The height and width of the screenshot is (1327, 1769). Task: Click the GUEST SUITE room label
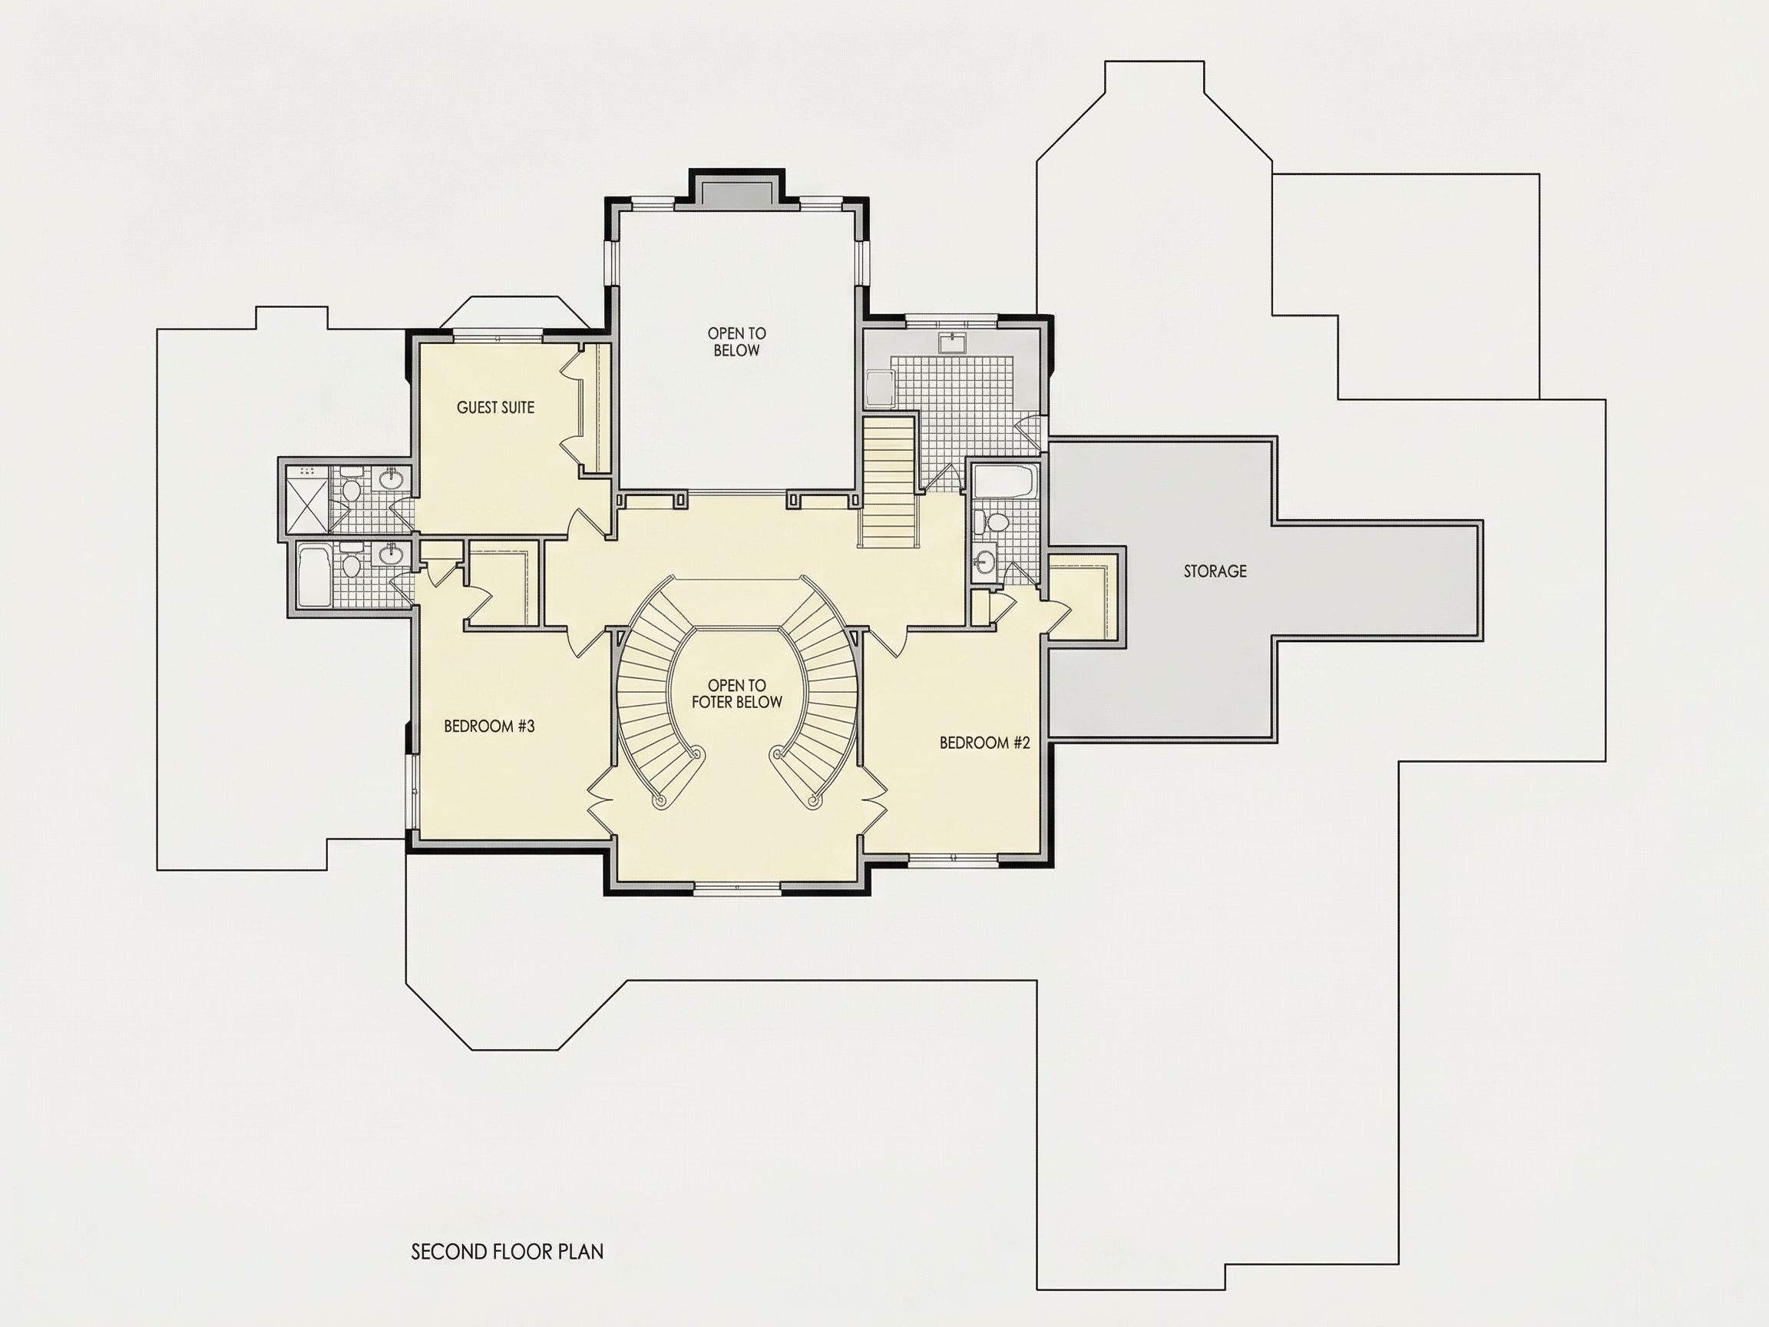point(495,408)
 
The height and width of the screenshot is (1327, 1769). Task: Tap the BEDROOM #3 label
point(488,726)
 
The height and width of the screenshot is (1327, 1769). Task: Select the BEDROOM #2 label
point(984,743)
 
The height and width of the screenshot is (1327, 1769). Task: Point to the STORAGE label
point(1215,571)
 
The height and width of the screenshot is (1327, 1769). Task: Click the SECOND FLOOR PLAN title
point(507,1252)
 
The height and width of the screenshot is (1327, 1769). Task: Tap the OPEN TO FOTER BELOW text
point(736,693)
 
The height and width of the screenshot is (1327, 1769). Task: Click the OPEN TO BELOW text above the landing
point(736,342)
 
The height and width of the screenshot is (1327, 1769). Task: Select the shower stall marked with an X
point(306,499)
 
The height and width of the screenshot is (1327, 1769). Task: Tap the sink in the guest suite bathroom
point(391,478)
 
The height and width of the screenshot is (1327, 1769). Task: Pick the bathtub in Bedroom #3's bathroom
point(312,576)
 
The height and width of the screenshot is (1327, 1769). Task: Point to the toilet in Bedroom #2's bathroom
point(992,522)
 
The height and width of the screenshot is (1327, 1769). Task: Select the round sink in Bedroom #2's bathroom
point(985,561)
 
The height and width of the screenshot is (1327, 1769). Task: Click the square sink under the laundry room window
point(953,344)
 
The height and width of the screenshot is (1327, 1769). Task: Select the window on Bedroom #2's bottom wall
point(954,859)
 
